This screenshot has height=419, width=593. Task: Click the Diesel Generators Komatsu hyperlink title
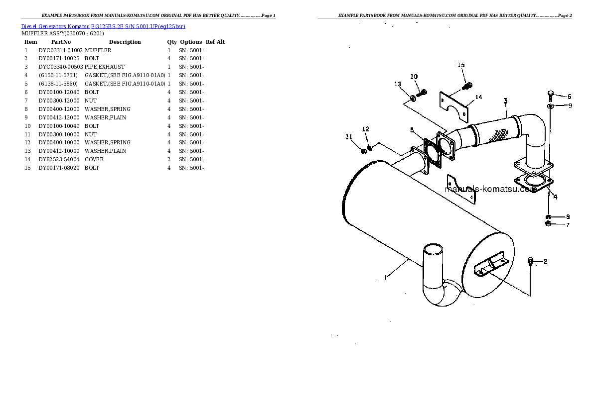(103, 26)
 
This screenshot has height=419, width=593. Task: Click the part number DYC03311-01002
(60, 50)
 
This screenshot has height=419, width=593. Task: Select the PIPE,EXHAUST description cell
(105, 67)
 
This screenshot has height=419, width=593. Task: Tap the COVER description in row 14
(94, 160)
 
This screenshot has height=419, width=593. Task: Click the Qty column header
(172, 42)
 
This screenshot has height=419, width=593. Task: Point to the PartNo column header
(61, 42)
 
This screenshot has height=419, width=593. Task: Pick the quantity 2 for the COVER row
(169, 160)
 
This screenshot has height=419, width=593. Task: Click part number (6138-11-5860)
(58, 84)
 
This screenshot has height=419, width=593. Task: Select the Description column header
(125, 42)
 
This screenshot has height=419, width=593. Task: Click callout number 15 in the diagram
(461, 65)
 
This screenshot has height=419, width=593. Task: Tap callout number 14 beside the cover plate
(478, 97)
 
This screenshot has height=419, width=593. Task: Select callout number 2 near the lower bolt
(545, 261)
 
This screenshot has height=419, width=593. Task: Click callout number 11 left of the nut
(349, 137)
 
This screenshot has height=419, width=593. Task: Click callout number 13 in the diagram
(398, 84)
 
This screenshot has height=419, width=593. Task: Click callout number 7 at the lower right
(567, 225)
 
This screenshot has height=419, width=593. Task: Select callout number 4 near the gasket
(555, 197)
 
